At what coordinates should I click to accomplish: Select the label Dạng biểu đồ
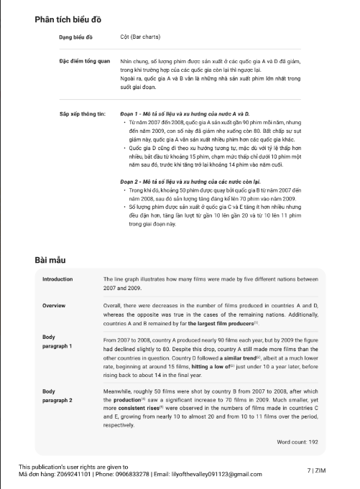tap(75, 36)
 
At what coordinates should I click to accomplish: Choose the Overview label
tap(55, 305)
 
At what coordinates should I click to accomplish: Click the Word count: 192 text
tap(297, 442)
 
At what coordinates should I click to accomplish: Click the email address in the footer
tap(211, 474)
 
